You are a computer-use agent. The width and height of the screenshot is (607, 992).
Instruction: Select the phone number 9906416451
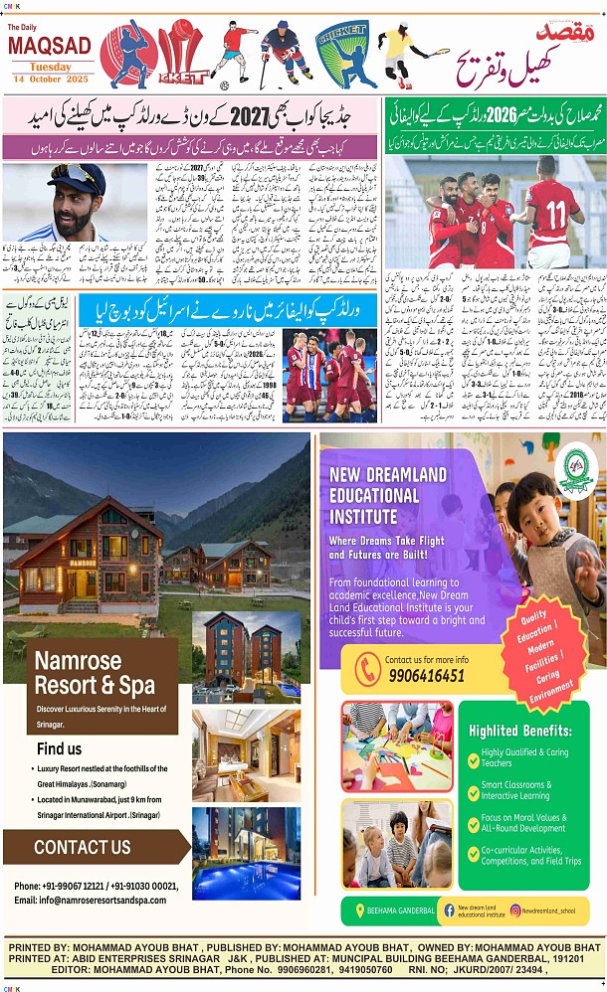[x=425, y=675]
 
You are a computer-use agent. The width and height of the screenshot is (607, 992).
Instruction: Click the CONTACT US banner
[x=83, y=847]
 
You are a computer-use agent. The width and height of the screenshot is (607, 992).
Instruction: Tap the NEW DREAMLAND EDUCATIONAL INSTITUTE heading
[x=388, y=494]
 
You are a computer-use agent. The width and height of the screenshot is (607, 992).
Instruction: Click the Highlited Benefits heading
[x=520, y=731]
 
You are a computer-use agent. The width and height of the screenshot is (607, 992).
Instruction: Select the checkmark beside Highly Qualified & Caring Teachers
[x=474, y=757]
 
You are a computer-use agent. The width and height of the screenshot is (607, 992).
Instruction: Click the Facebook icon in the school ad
[x=449, y=910]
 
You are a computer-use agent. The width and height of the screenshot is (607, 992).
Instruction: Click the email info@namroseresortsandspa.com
[x=90, y=900]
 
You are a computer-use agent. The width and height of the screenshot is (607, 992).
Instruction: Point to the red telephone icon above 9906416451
[x=367, y=666]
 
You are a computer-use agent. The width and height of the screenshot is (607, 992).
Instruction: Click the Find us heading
[x=60, y=748]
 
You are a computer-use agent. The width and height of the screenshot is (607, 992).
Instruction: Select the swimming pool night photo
[x=245, y=839]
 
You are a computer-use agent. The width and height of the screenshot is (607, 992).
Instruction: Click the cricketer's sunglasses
[x=75, y=182]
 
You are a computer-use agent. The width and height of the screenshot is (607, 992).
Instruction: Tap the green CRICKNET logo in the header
[x=340, y=55]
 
